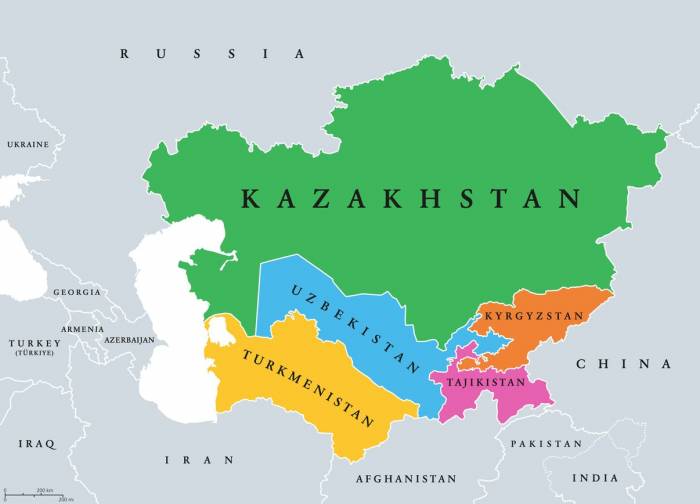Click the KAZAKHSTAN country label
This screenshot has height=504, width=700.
point(411,199)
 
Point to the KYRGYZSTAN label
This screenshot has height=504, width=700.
point(533,316)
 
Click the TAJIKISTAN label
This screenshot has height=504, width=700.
point(485,383)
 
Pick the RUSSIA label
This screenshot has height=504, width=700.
point(212,54)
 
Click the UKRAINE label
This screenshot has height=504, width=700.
point(28,145)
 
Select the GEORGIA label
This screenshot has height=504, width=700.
point(77,292)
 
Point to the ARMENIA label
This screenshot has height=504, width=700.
point(82,329)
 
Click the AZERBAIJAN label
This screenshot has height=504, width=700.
point(130,340)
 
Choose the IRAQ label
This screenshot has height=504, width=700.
point(36,443)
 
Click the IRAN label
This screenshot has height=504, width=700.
point(200,460)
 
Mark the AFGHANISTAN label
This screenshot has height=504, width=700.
point(405,479)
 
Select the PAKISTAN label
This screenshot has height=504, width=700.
point(546,443)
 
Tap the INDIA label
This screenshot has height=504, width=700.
point(595,478)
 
